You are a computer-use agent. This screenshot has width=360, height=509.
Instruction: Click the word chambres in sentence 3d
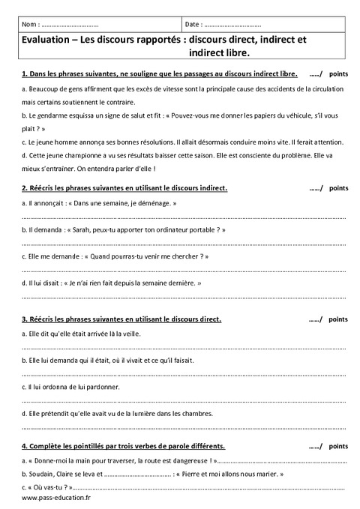196,413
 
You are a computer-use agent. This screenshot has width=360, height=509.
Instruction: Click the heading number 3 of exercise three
25,319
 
